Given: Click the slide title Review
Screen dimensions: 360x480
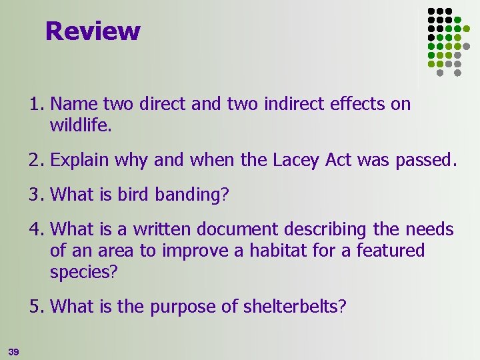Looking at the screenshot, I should coord(93,31).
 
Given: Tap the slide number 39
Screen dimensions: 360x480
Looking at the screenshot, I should coord(13,351).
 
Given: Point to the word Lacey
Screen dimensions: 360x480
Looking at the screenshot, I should coord(295,160).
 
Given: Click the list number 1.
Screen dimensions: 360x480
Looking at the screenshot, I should coord(37,104).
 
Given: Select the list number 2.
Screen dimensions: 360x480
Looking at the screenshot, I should coord(37,160).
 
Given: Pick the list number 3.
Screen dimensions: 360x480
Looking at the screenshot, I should coord(37,195).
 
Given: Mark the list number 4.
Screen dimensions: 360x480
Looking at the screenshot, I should coord(37,230).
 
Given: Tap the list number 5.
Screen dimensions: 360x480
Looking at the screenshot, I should coord(37,307).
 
